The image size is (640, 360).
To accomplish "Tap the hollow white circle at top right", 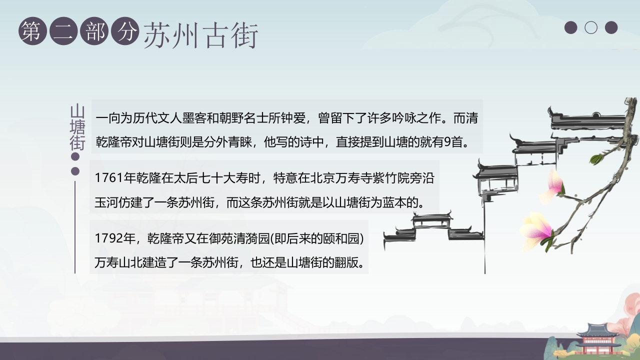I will pyautogui.click(x=591, y=27).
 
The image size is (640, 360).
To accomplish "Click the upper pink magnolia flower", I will pyautogui.click(x=554, y=184).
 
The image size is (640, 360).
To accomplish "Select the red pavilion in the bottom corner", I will pyautogui.click(x=598, y=339).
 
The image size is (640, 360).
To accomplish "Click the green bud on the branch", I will pyautogui.click(x=597, y=159).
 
